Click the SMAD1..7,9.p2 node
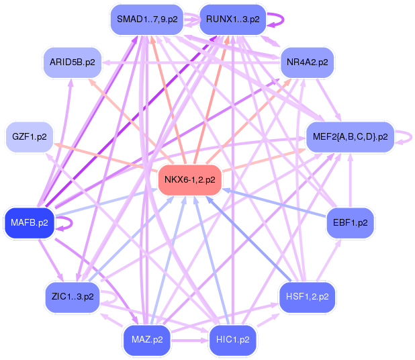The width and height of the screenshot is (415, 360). [146, 19]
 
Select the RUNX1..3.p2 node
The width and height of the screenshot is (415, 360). [232, 19]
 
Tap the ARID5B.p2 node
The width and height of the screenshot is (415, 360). [73, 62]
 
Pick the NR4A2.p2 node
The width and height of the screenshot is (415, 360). [307, 62]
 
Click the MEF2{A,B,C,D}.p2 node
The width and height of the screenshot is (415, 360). [350, 137]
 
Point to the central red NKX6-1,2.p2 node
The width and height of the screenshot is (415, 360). [191, 179]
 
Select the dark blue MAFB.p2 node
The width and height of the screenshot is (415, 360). [30, 222]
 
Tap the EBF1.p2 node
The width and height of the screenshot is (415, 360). [350, 222]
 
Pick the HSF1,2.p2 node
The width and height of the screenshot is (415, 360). [307, 296]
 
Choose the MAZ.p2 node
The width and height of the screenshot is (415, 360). [146, 339]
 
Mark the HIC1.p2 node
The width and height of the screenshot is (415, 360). [232, 339]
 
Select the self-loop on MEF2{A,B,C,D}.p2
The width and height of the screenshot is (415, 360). [405, 137]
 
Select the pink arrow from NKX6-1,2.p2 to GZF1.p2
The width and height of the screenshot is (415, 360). [107, 159]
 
